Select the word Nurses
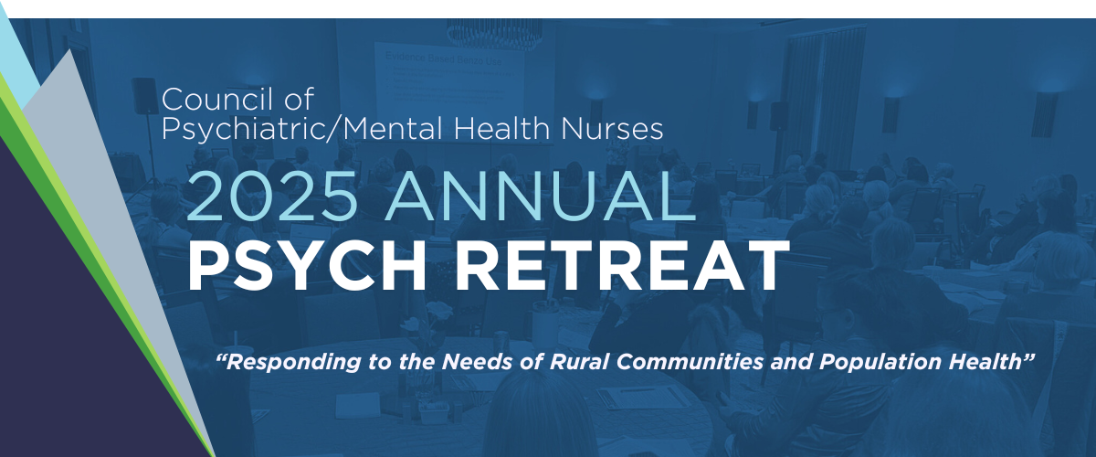[612, 128]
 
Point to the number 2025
[271, 196]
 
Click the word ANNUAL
[540, 196]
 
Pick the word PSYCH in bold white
[307, 265]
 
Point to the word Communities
[690, 361]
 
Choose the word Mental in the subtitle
[395, 128]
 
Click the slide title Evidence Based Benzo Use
[443, 58]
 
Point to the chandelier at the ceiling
[494, 34]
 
